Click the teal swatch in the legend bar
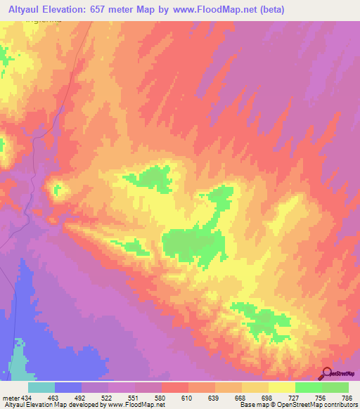coord(41,388)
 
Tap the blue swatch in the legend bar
coord(68,388)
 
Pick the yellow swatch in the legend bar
coord(281,388)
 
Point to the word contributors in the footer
coord(341,405)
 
